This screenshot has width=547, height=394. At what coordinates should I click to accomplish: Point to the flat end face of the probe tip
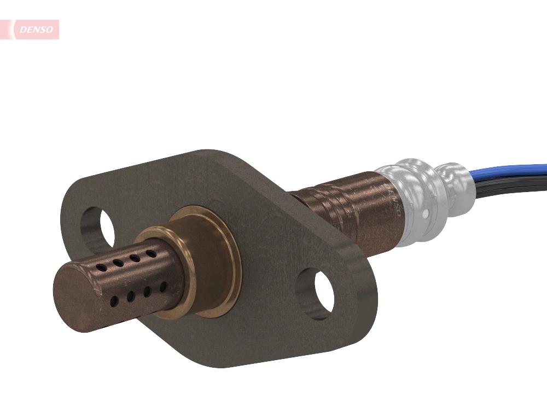tap(76, 296)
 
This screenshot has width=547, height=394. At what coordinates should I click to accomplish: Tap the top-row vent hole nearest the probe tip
tap(102, 267)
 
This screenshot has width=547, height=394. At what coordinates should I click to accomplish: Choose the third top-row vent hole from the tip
tap(134, 258)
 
